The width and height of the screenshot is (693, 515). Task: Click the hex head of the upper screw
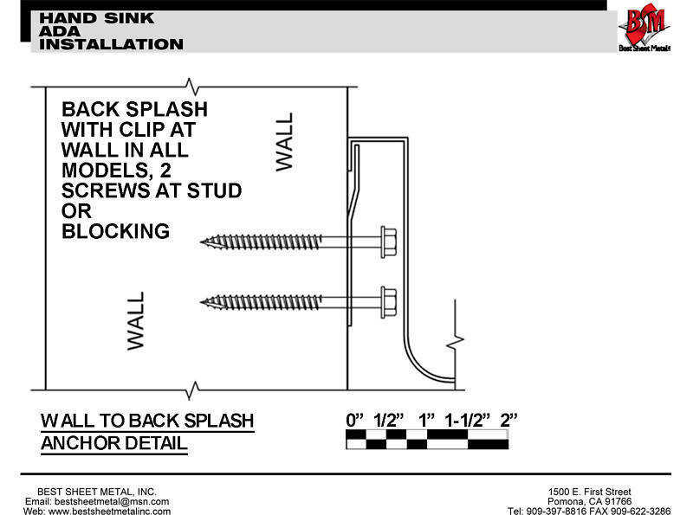click(388, 242)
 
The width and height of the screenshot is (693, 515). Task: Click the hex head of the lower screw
click(388, 302)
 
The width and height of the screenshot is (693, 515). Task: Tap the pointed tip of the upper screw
click(202, 241)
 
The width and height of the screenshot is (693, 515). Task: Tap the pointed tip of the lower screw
click(202, 302)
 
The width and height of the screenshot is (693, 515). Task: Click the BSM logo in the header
click(644, 27)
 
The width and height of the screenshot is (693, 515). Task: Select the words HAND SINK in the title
click(97, 18)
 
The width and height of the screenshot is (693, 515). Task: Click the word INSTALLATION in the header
click(111, 44)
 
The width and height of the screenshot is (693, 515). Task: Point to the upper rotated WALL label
click(284, 142)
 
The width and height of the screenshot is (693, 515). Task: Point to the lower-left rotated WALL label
click(136, 320)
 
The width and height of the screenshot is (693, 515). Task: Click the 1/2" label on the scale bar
click(389, 420)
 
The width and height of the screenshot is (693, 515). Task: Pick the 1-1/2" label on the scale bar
click(468, 420)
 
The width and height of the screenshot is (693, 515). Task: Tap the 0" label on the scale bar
click(354, 420)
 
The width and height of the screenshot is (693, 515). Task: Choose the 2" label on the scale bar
click(508, 420)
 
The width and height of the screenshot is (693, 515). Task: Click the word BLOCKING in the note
click(116, 231)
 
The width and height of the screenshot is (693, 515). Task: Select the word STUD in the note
click(214, 190)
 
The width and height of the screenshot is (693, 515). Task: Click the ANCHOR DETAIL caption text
click(114, 443)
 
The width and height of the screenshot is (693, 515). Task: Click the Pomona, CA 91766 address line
click(590, 501)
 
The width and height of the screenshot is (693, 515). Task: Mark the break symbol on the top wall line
click(191, 87)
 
